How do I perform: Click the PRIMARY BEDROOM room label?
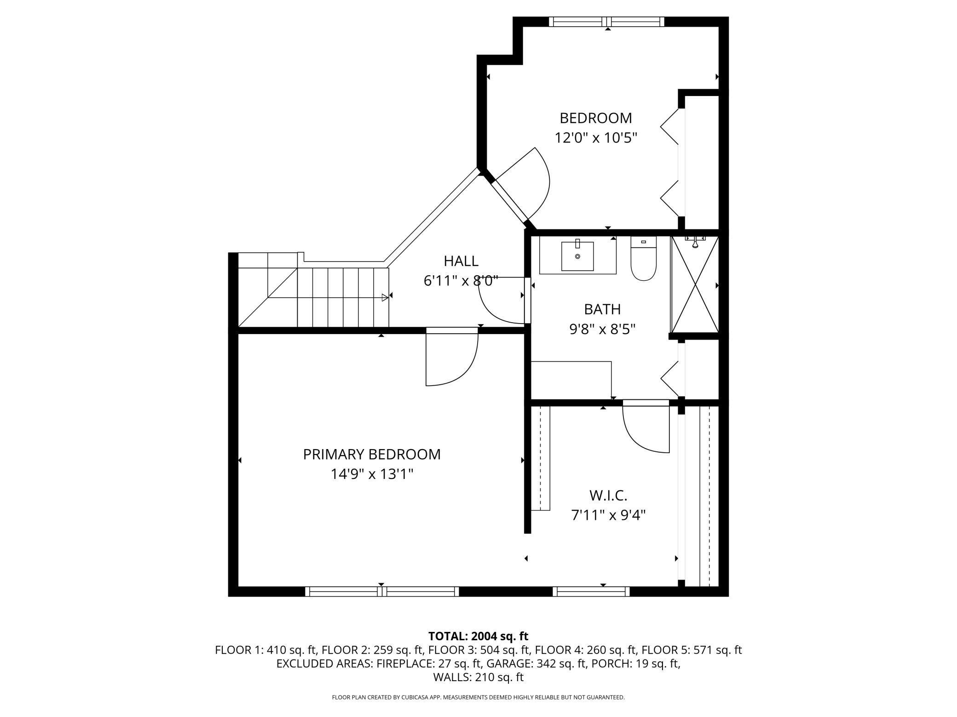[372, 454]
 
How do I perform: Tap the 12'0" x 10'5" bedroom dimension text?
[596, 137]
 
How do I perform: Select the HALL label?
[461, 261]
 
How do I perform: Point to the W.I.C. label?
[608, 495]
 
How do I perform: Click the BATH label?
[602, 309]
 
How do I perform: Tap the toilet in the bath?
[643, 258]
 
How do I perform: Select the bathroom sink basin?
[577, 256]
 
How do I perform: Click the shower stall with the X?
[695, 284]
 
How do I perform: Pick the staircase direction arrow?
[385, 297]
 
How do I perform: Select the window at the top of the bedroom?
[607, 22]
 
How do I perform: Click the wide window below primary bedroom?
[382, 592]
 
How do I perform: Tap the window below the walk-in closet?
[591, 592]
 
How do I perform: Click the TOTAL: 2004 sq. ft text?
[478, 636]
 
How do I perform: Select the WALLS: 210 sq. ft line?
[478, 677]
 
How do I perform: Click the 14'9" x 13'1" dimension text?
[372, 474]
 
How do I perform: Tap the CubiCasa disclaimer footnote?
[478, 697]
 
